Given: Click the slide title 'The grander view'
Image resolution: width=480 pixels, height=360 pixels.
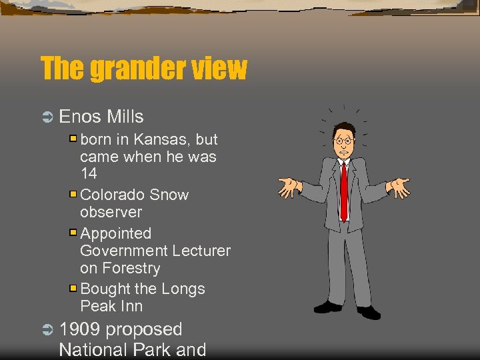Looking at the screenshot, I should pyautogui.click(x=143, y=69).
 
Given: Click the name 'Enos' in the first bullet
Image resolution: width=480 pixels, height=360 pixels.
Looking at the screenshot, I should pyautogui.click(x=80, y=117).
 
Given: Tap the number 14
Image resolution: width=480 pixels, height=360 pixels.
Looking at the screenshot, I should pyautogui.click(x=88, y=174).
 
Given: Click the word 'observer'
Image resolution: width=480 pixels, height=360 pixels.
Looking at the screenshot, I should pyautogui.click(x=111, y=212).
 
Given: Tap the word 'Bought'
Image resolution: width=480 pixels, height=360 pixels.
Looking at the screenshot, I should pyautogui.click(x=105, y=289).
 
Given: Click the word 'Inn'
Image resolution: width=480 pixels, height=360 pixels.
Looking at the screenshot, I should pyautogui.click(x=131, y=307).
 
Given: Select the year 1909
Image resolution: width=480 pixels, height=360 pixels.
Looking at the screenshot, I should pyautogui.click(x=80, y=329).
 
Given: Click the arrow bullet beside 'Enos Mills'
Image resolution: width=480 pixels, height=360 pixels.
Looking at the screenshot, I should pyautogui.click(x=47, y=117).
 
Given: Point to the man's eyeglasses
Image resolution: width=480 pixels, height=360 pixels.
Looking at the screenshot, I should pyautogui.click(x=343, y=141).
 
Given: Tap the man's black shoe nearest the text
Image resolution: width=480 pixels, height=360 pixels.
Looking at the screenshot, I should pyautogui.click(x=327, y=307).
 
